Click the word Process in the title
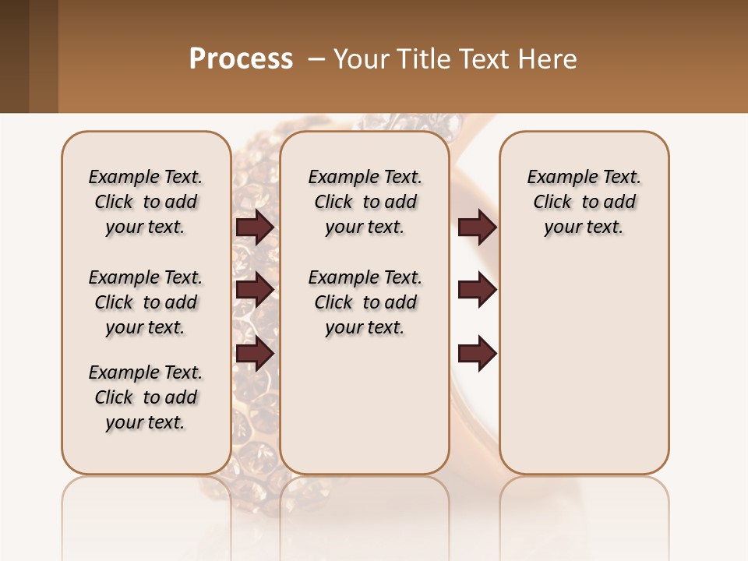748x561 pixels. pyautogui.click(x=241, y=58)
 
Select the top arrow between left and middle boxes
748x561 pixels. pyautogui.click(x=255, y=227)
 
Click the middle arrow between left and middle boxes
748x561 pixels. pyautogui.click(x=255, y=290)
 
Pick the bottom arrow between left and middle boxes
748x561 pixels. pyautogui.click(x=255, y=355)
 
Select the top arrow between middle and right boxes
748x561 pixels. pyautogui.click(x=477, y=227)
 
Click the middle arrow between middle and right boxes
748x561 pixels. pyautogui.click(x=477, y=290)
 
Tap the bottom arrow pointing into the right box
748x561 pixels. pyautogui.click(x=477, y=355)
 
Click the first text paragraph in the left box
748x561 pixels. pyautogui.click(x=146, y=202)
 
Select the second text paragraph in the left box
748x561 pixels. pyautogui.click(x=146, y=302)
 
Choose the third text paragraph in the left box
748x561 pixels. pyautogui.click(x=146, y=397)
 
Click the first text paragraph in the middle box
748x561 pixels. pyautogui.click(x=365, y=202)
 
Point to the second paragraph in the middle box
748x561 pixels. pyautogui.click(x=365, y=302)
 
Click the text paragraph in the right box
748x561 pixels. pyautogui.click(x=584, y=202)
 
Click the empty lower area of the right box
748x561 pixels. pyautogui.click(x=584, y=374)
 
